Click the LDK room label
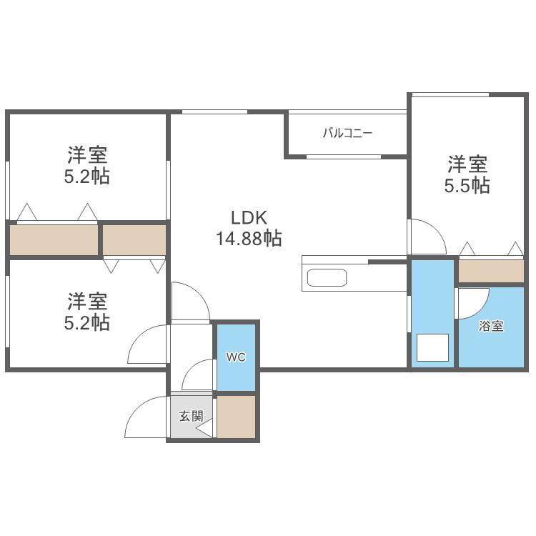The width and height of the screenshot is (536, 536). point(249,217)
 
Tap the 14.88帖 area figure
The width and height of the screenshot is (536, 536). point(249,238)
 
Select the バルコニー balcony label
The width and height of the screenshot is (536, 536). point(347,133)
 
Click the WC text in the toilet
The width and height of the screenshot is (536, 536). point(236,357)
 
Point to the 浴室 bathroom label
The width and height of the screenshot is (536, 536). point(491,326)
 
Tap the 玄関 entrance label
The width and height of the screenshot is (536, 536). point(191,416)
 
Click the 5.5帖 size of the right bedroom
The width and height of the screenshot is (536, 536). point(467,186)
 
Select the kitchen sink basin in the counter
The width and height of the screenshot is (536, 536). point(327,277)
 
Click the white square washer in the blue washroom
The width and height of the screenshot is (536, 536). point(432,347)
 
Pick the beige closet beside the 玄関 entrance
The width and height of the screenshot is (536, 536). point(237,417)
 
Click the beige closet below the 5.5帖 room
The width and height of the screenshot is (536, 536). point(491,271)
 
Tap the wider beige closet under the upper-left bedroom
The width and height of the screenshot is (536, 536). point(54,239)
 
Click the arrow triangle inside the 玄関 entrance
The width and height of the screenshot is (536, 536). point(205,429)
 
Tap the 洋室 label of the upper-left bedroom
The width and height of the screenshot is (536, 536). point(87,155)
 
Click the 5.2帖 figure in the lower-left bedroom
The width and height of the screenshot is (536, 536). point(86,322)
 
